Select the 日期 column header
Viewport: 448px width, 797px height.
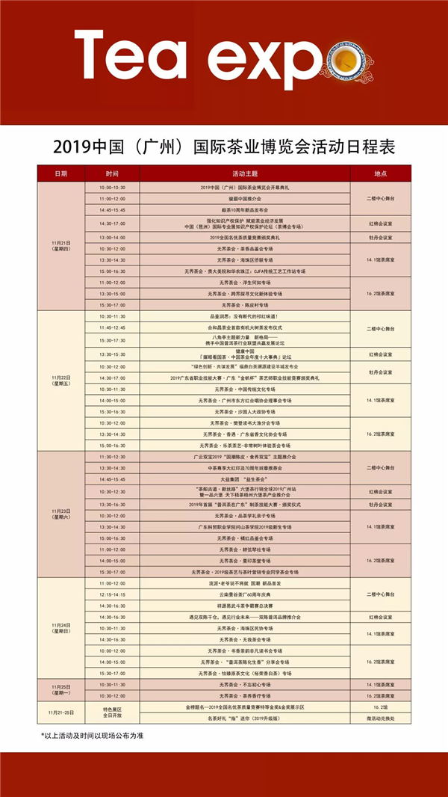coord(60,173)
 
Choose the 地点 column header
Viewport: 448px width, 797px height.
coord(379,173)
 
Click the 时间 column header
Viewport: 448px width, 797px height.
coord(112,173)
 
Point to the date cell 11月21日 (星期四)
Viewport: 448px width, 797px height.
coord(60,246)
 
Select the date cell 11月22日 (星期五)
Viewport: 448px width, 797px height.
coord(60,379)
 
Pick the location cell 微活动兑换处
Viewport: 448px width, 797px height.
coord(379,718)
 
